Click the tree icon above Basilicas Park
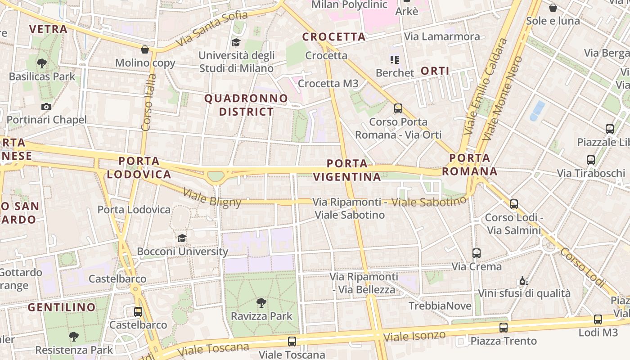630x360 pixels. (x=42, y=63)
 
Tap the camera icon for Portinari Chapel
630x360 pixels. (x=46, y=107)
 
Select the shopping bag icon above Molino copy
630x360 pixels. (x=145, y=49)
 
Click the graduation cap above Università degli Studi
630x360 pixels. (x=236, y=42)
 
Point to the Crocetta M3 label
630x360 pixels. (x=328, y=83)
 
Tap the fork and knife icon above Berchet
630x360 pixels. (x=395, y=59)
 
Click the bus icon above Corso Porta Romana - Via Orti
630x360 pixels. (x=398, y=108)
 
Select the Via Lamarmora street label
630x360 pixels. (x=442, y=36)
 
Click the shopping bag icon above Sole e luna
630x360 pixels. (x=553, y=8)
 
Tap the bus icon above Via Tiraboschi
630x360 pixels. (x=591, y=160)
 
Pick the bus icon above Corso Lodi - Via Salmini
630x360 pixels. (x=514, y=204)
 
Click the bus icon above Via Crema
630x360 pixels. (x=477, y=253)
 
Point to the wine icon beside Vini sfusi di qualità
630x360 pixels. (x=524, y=281)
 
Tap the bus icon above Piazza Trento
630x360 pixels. (x=504, y=327)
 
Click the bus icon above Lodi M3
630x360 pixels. (x=598, y=319)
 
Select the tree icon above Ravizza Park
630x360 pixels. (x=261, y=302)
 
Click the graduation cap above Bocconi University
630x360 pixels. (x=182, y=238)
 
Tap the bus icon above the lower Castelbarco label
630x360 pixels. (x=138, y=311)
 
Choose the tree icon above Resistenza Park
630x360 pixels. (x=74, y=336)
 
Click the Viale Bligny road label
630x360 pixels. (x=212, y=198)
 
